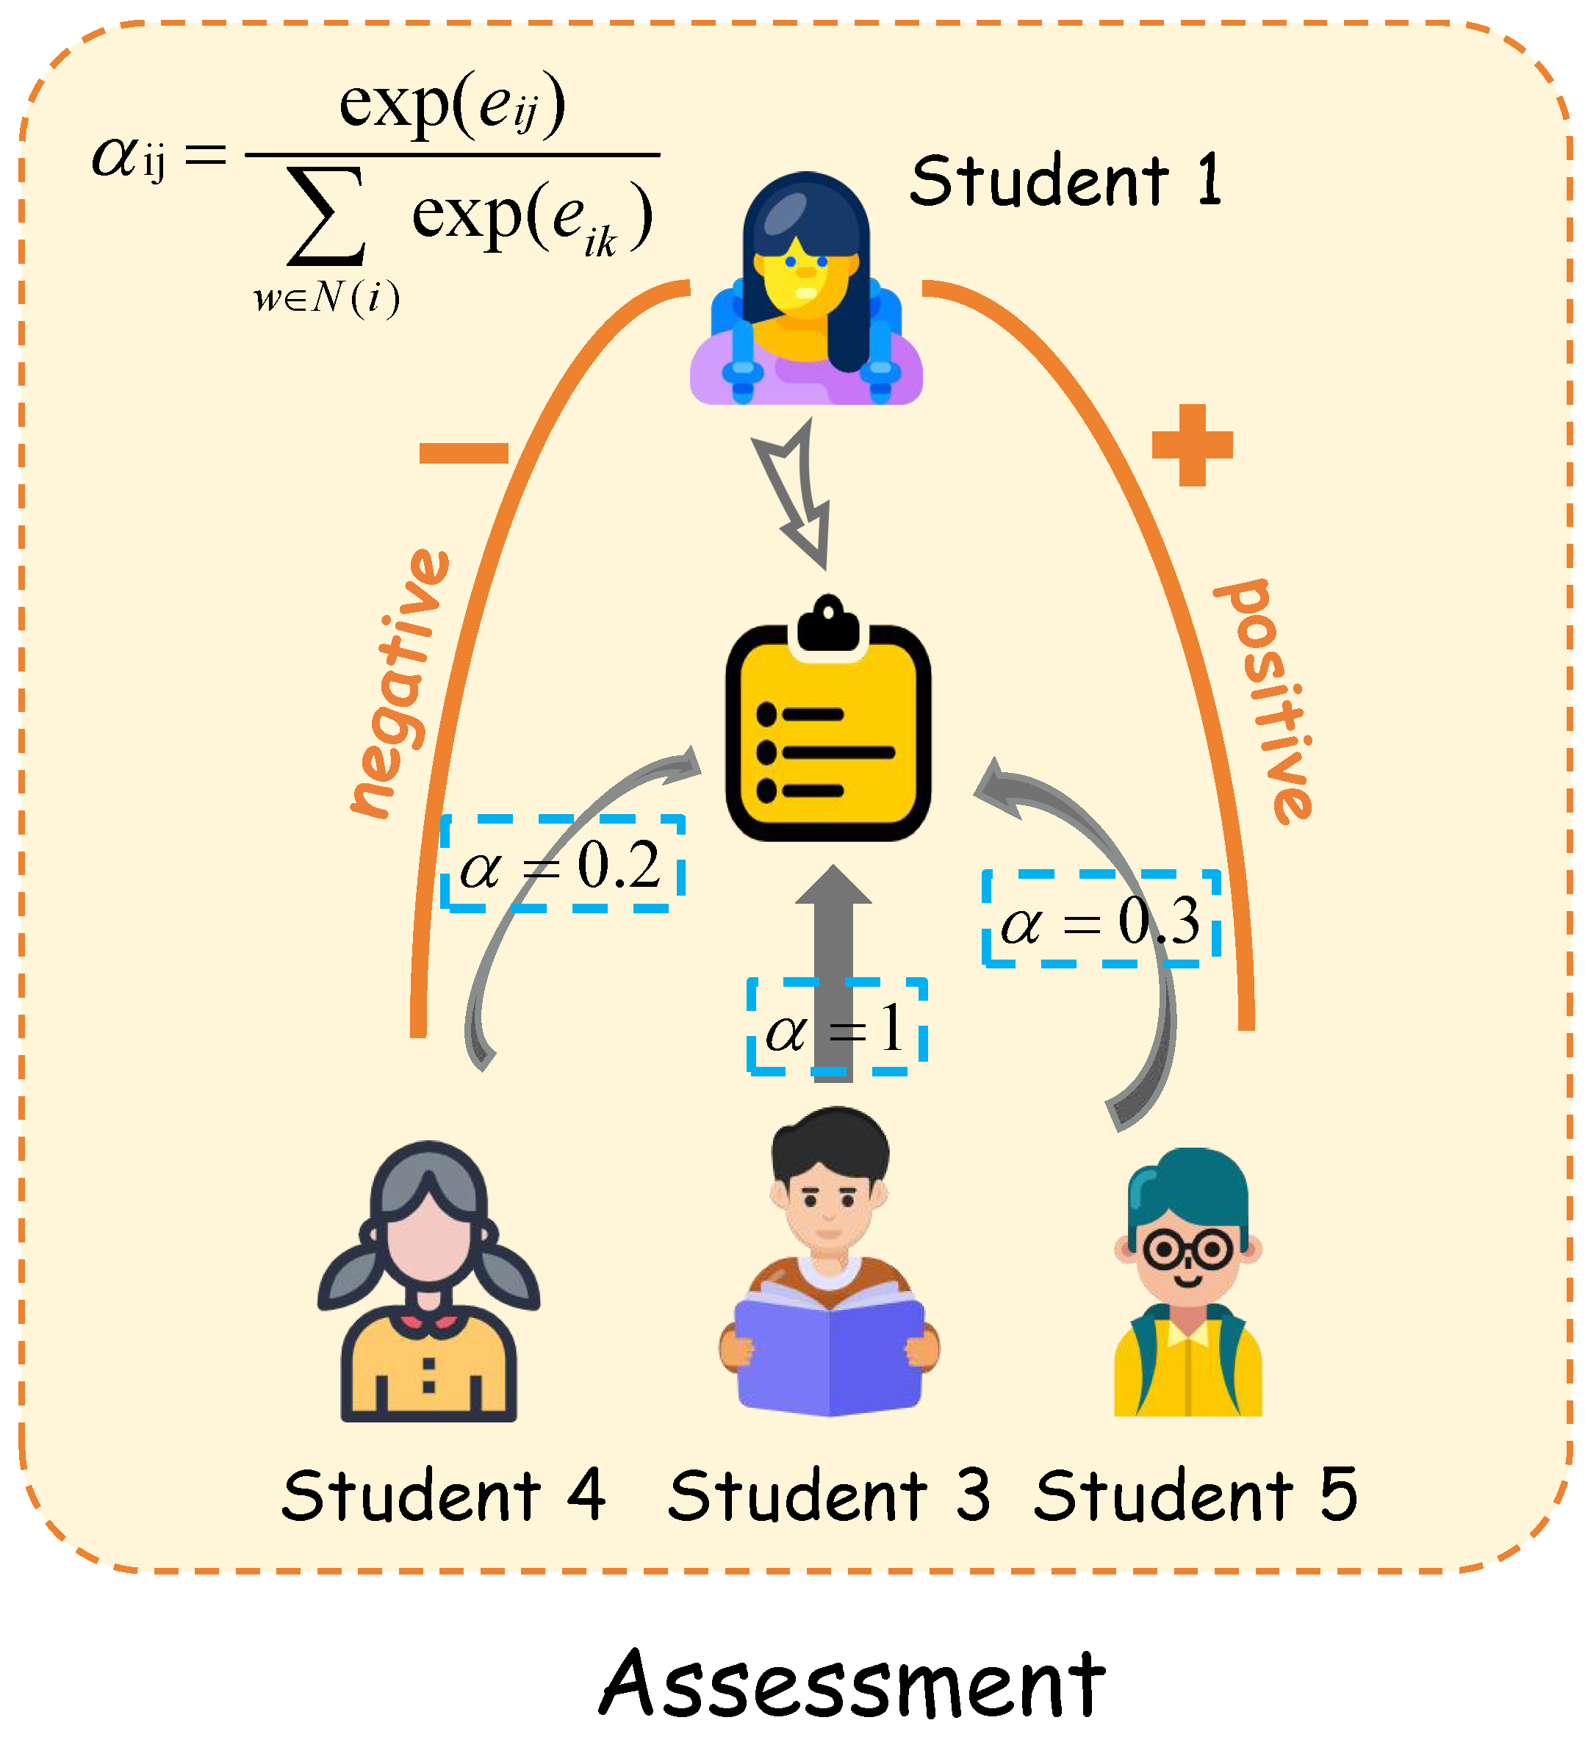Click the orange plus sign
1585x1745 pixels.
point(1191,445)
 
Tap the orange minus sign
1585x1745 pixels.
point(463,453)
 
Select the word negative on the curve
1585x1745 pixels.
point(400,684)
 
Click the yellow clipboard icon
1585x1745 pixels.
point(827,727)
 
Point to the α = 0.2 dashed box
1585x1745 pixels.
point(562,863)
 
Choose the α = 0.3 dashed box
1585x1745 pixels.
point(1101,918)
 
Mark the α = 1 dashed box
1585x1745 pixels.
point(836,1027)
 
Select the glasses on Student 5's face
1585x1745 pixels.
point(1187,1250)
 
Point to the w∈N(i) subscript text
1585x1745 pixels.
point(326,298)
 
